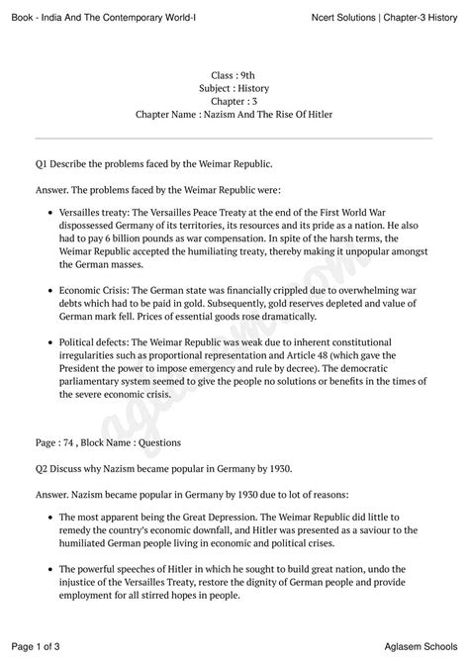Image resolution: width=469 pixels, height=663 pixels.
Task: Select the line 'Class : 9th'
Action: pos(234,76)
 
